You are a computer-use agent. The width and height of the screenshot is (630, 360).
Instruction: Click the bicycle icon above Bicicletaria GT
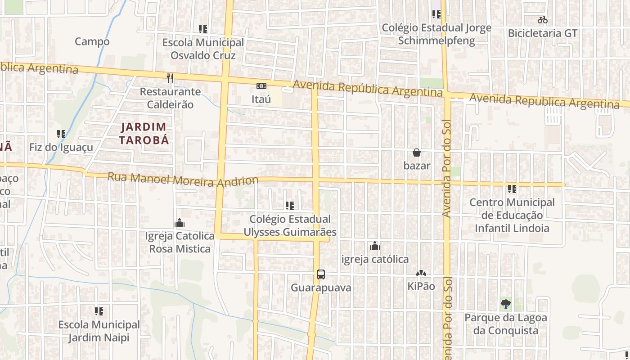tap(542, 20)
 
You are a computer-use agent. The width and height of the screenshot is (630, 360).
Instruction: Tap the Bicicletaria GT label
tap(542, 33)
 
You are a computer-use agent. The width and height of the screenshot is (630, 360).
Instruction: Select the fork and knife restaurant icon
tap(170, 78)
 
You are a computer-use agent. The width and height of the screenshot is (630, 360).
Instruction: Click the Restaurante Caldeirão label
tap(170, 98)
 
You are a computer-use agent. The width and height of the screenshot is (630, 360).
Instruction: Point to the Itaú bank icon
tap(261, 86)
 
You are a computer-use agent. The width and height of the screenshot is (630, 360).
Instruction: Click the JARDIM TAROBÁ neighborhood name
tap(144, 133)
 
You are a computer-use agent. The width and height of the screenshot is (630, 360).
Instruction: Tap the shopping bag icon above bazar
tap(417, 153)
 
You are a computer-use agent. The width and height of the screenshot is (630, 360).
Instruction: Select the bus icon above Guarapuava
tap(321, 274)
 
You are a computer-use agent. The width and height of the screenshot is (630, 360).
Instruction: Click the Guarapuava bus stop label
tap(321, 288)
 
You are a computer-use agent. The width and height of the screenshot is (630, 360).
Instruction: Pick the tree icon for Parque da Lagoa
tap(505, 304)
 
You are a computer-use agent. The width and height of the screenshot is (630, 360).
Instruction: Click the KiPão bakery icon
tap(421, 273)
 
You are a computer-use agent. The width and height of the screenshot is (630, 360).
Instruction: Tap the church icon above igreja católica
tap(375, 246)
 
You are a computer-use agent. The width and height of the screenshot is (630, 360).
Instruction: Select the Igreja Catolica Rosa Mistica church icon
tap(180, 223)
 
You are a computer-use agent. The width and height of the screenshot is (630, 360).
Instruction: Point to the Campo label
tap(92, 41)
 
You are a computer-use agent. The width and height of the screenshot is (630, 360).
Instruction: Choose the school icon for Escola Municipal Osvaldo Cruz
tap(203, 29)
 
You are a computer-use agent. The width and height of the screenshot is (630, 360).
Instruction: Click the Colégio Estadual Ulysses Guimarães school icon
tap(290, 206)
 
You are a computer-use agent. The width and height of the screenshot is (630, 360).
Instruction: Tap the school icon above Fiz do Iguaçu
tap(61, 134)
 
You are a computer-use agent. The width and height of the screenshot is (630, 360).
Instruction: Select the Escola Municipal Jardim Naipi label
tap(99, 331)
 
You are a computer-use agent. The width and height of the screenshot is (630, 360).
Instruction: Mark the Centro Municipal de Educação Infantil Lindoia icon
tap(512, 189)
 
